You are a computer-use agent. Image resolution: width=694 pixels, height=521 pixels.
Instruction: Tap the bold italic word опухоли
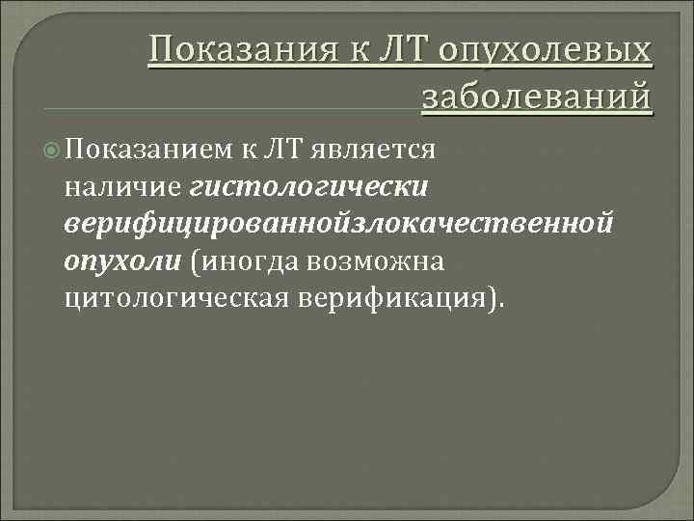click(x=122, y=261)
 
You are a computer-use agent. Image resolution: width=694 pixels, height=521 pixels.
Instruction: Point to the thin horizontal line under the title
click(x=231, y=106)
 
